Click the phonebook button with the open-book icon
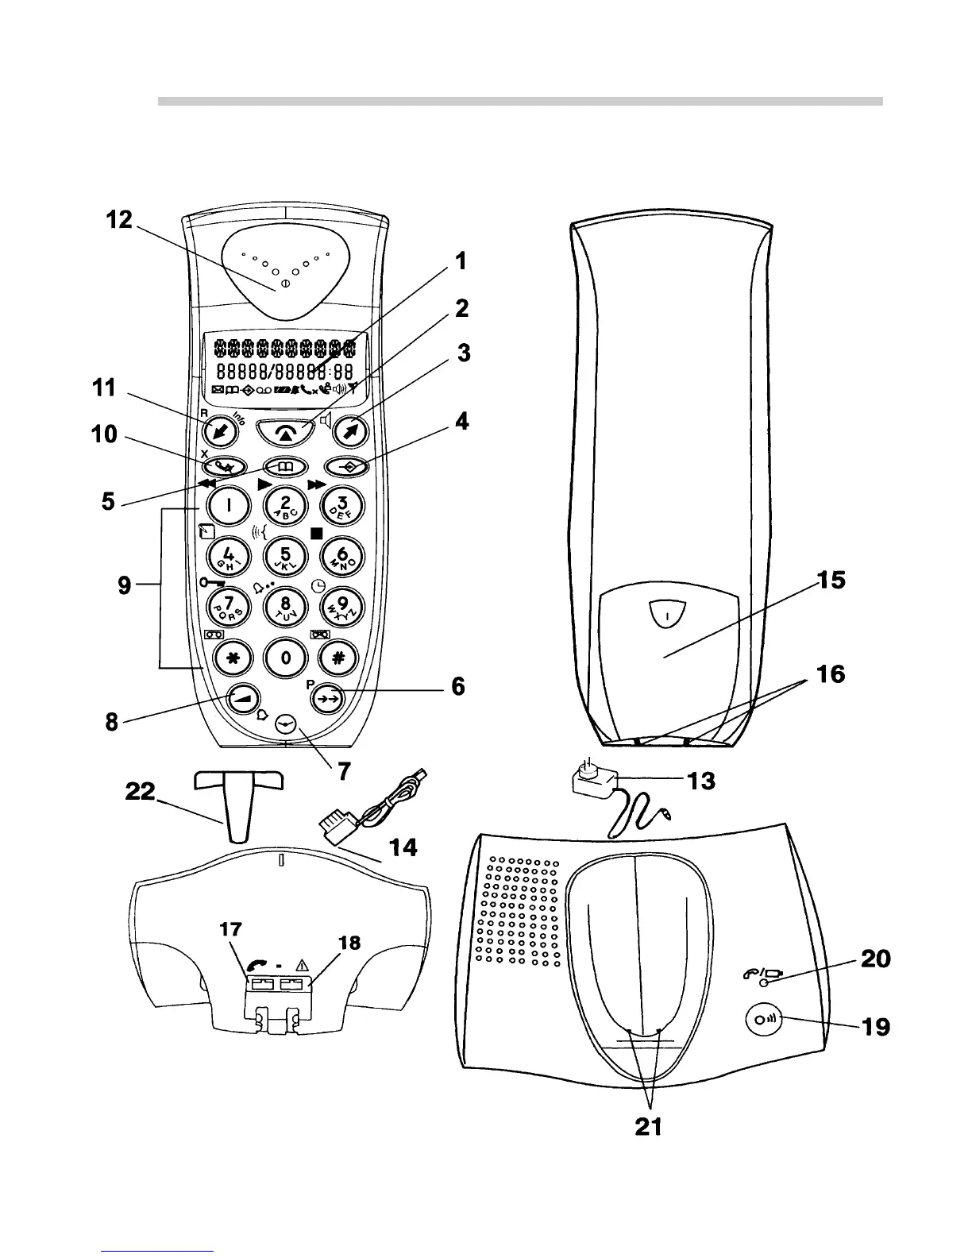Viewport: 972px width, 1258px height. point(285,467)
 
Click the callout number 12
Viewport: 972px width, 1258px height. point(120,220)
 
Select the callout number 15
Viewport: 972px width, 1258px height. point(832,581)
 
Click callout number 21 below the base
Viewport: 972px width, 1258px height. point(649,1126)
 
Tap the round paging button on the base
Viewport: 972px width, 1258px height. point(765,1020)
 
